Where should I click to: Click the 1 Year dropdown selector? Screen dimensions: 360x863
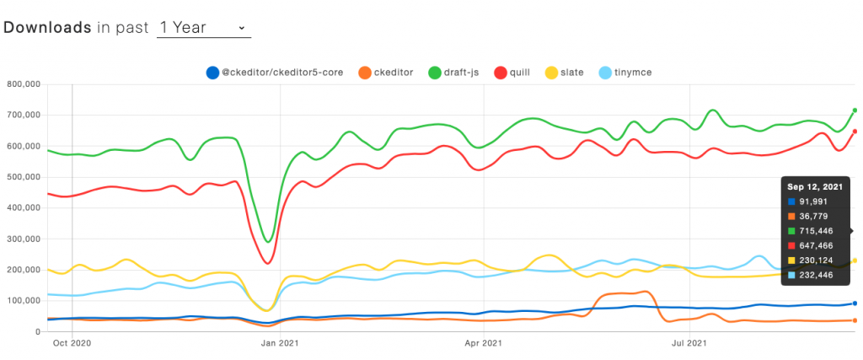coord(203,28)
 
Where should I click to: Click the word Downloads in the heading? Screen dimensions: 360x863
coord(48,28)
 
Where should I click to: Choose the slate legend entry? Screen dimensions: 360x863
coord(565,73)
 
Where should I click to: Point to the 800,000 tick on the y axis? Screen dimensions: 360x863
coord(23,84)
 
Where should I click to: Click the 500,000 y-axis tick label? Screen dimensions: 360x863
coord(23,177)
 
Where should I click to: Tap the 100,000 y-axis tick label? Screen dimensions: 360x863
coord(23,300)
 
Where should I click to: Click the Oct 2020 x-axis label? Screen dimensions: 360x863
coord(72,344)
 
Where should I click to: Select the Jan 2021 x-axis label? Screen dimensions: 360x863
coord(279,344)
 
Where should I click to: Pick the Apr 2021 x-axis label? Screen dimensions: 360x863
coord(484,344)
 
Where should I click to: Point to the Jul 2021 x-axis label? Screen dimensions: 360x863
coord(689,344)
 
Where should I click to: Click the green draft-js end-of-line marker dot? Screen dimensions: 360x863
coord(855,110)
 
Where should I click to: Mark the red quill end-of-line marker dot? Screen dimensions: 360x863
coord(855,131)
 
